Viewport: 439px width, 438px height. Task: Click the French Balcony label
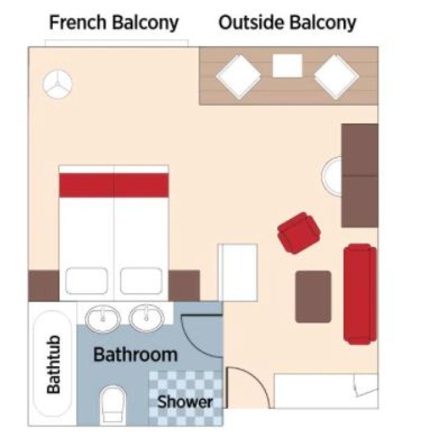[x=114, y=23]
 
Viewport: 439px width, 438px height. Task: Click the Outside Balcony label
[x=287, y=23]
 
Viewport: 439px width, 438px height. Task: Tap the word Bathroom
[x=135, y=355]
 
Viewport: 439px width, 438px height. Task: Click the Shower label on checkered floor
[x=185, y=401]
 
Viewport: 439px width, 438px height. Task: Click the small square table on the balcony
[x=287, y=65]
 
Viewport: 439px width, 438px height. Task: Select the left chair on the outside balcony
[x=239, y=76]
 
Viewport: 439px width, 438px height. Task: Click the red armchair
[x=298, y=232]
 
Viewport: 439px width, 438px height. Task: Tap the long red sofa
[x=360, y=293]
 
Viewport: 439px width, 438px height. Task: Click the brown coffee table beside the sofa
[x=313, y=296]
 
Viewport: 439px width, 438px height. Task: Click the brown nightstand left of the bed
[x=44, y=286]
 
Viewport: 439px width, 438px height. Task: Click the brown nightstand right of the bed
[x=184, y=286]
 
